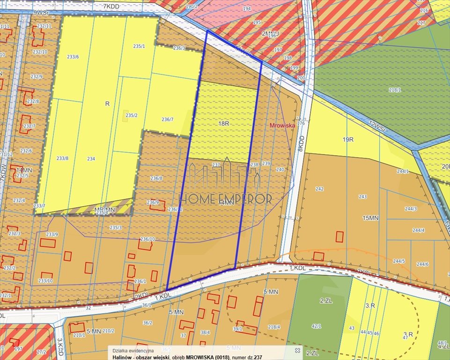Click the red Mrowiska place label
click(x=282, y=126)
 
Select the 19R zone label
click(x=347, y=140)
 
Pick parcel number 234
click(x=91, y=159)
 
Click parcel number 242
click(x=319, y=189)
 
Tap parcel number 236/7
click(x=167, y=120)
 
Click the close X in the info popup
click(x=297, y=350)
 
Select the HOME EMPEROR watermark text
click(x=226, y=198)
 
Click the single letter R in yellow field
click(x=107, y=104)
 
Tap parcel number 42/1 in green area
click(x=317, y=326)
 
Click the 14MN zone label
click(x=24, y=170)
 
